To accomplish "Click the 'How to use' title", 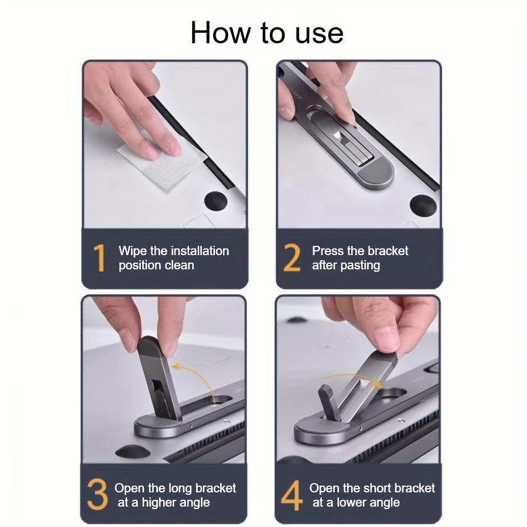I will tap(266, 32).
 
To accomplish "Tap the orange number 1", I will tap(99, 258).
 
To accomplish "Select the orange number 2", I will tap(292, 258).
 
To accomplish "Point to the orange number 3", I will tap(98, 494).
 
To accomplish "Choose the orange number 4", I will tap(292, 494).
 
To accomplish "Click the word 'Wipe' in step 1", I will tap(133, 251).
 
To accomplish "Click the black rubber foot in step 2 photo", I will tap(423, 204).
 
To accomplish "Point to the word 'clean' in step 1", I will tap(179, 266).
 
